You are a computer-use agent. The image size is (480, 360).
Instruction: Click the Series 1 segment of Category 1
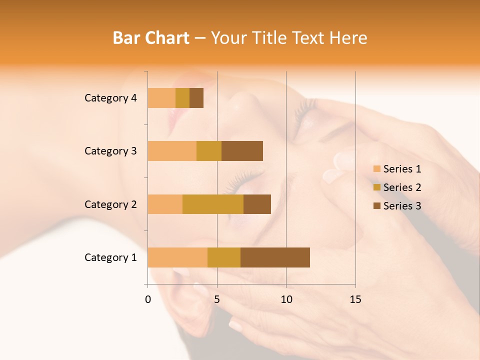point(177,257)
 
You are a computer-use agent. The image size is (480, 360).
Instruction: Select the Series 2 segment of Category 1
point(224,257)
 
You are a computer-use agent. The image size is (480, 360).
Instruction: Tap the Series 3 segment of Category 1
point(275,257)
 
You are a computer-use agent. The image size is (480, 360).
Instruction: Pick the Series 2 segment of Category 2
point(213,204)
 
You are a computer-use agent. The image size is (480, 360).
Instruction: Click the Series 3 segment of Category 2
point(257,204)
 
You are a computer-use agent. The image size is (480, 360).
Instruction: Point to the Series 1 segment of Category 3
point(172,151)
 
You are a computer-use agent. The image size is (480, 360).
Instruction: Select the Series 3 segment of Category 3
point(242,151)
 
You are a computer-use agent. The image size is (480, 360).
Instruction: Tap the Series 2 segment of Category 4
point(182,98)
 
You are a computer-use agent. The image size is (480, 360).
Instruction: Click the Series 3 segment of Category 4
point(196,98)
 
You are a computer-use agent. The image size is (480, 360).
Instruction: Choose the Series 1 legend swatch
point(376,169)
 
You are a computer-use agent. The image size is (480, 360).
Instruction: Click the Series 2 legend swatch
point(376,187)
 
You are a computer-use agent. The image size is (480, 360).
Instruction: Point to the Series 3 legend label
point(402,206)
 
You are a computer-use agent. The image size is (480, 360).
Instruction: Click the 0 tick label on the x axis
point(148,299)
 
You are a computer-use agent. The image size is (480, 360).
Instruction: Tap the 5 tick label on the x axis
point(217,299)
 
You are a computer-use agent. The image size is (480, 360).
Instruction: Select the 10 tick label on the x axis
point(286,299)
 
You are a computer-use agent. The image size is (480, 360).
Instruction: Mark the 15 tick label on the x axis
point(355,299)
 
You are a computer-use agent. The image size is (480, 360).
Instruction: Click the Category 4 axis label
point(110,98)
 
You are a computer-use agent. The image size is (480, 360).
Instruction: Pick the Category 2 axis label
point(110,204)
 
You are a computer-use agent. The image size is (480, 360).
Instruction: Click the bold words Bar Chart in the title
point(151,38)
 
